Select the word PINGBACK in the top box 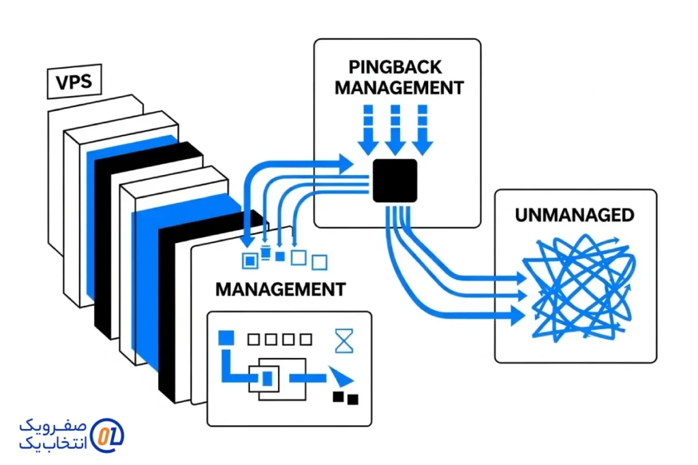click(x=395, y=67)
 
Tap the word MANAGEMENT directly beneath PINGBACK click(x=399, y=88)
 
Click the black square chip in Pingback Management click(x=395, y=180)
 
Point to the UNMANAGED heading click(x=575, y=216)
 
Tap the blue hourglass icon click(x=345, y=340)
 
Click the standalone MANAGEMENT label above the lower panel click(x=280, y=289)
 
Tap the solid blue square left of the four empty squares click(x=226, y=337)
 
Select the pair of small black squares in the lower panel click(x=345, y=398)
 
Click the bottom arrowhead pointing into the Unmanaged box click(x=517, y=314)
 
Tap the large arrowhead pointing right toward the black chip click(x=345, y=162)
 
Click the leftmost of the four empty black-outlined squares click(x=254, y=338)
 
